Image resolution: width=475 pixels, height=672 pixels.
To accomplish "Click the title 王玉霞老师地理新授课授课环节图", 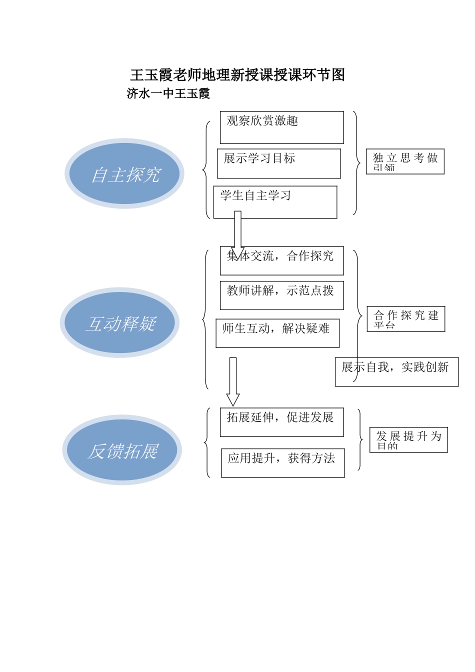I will pos(237,75).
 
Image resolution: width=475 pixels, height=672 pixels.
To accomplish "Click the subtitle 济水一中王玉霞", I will pos(168,93).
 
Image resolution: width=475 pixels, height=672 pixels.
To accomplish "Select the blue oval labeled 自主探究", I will pos(124,174).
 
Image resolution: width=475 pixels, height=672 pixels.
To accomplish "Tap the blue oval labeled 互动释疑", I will pos(120,323).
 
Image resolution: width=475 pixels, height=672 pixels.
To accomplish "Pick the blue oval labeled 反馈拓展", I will pos(122,450).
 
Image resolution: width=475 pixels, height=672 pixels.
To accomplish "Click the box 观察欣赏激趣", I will pos(281,127).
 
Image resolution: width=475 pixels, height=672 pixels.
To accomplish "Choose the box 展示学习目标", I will pos(278,163).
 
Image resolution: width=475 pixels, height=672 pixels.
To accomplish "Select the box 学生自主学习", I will pos(275,201).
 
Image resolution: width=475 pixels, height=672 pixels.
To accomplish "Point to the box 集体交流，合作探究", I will pos(281,260).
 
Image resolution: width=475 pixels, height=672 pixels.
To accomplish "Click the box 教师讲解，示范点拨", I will pos(281,295).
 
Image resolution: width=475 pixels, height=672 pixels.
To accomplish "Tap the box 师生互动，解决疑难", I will pos(277,333).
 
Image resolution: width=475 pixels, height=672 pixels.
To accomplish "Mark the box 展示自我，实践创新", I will pos(396,371).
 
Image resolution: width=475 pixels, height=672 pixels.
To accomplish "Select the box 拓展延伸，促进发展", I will pos(281,422).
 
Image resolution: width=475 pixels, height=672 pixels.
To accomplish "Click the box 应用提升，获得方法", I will pos(282,462).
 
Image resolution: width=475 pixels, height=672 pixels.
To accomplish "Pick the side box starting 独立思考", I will pos(405,161).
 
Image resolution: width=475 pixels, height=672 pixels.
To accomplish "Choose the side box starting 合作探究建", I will pos(405,319).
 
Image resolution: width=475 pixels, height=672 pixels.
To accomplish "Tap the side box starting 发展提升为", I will pos(408,440).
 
